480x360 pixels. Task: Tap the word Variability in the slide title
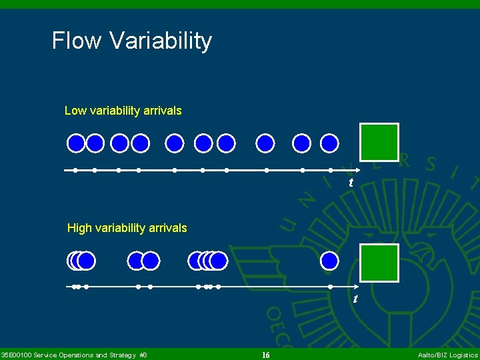(160, 41)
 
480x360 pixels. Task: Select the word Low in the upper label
(75, 111)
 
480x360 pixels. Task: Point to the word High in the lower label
(79, 228)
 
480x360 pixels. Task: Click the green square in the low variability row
(379, 142)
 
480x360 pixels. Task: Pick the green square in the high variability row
(379, 262)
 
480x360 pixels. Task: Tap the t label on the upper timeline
(351, 183)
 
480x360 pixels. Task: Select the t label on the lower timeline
(355, 299)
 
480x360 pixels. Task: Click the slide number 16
(265, 355)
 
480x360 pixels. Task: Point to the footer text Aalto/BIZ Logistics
(447, 355)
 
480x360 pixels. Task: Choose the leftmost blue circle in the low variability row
(77, 143)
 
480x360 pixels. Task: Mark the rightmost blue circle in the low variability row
(329, 143)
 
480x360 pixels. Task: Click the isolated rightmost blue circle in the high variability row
(329, 261)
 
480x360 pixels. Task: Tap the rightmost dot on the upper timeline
(329, 170)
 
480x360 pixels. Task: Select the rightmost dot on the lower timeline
(329, 287)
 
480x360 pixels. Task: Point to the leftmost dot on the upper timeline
(75, 170)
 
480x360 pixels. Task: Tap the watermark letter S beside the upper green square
(431, 163)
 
